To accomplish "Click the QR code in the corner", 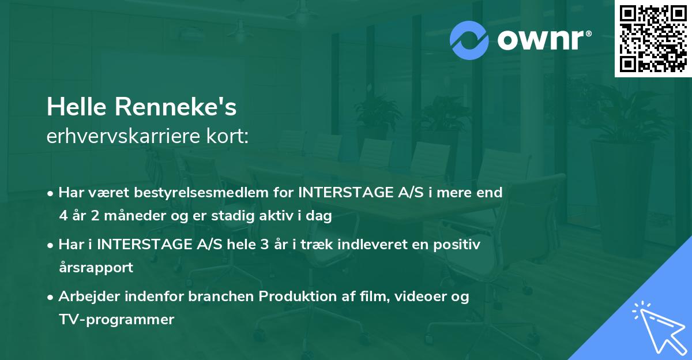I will pyautogui.click(x=653, y=38).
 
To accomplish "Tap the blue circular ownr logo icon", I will pyautogui.click(x=469, y=40).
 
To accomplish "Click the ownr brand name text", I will pyautogui.click(x=542, y=40).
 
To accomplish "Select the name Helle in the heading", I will pyautogui.click(x=78, y=107).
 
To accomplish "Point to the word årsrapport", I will pyautogui.click(x=96, y=268).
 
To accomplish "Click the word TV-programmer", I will pyautogui.click(x=116, y=319).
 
